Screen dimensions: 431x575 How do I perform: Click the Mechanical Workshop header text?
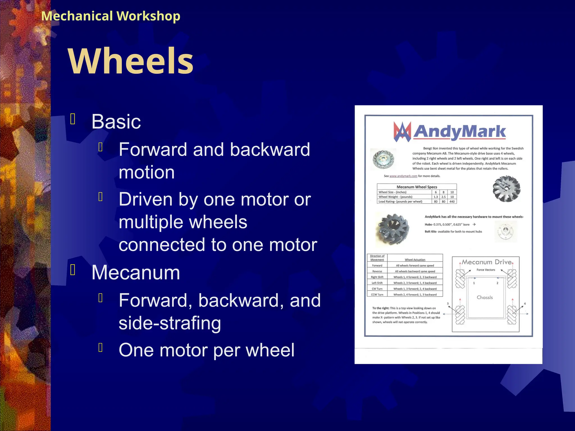click(111, 16)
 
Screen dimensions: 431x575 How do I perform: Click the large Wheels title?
click(131, 61)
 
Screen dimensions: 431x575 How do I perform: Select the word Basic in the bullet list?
click(116, 121)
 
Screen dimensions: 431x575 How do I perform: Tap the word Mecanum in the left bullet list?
click(136, 272)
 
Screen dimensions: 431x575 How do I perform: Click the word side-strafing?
click(170, 323)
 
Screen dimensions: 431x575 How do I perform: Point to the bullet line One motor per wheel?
click(206, 350)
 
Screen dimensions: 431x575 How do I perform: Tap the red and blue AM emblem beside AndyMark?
click(402, 131)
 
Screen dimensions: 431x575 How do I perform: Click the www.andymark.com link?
click(403, 176)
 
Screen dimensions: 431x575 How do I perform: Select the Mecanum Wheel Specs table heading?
click(417, 187)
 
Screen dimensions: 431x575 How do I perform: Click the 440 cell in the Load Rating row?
click(452, 201)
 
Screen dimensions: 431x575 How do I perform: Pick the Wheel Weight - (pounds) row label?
click(395, 197)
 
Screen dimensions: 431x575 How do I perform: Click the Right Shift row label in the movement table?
click(377, 277)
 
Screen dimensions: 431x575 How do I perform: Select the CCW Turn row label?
click(377, 295)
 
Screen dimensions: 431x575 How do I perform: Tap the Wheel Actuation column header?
click(415, 260)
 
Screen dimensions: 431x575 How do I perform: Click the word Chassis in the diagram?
click(485, 297)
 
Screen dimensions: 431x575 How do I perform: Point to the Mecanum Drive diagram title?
click(487, 262)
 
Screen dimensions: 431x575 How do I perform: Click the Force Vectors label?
click(486, 270)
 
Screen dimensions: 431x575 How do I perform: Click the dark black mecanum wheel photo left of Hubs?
click(392, 229)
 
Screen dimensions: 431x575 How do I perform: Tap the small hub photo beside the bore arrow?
click(505, 231)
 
